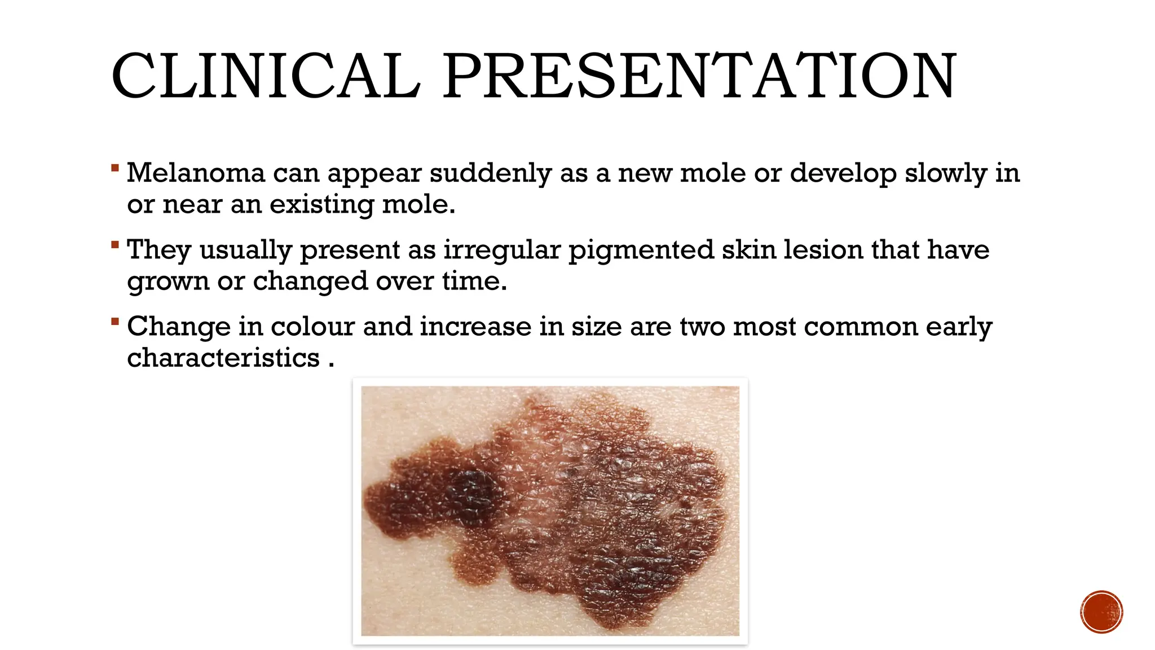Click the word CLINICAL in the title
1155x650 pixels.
tap(266, 76)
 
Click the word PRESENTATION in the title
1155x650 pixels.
tap(699, 76)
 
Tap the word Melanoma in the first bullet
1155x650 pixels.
tap(196, 173)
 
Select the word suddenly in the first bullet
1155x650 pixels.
tap(490, 174)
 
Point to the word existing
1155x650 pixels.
tap(321, 205)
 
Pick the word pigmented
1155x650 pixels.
tap(641, 251)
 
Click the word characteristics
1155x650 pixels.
tap(223, 358)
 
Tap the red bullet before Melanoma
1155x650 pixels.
tap(115, 168)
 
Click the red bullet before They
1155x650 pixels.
tap(115, 245)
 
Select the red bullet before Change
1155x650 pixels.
tap(115, 322)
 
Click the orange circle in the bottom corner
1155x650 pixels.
tap(1101, 612)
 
